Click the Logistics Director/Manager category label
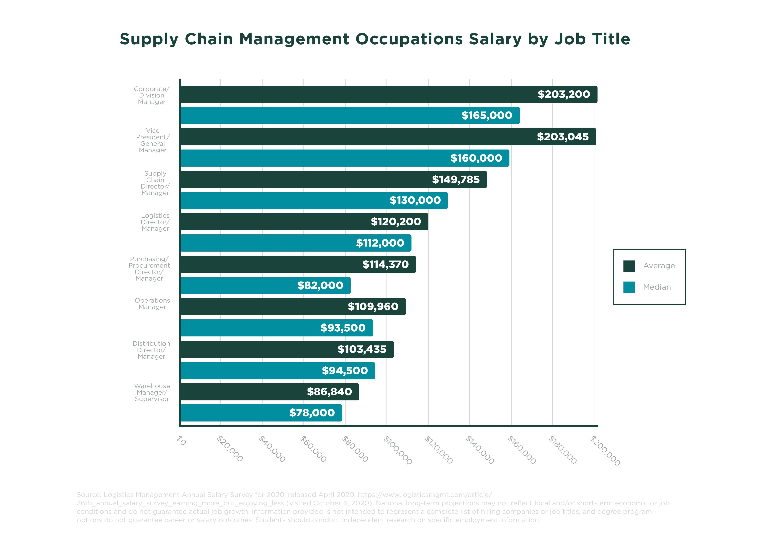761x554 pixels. [x=155, y=222]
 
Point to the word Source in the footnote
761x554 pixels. [x=89, y=495]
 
